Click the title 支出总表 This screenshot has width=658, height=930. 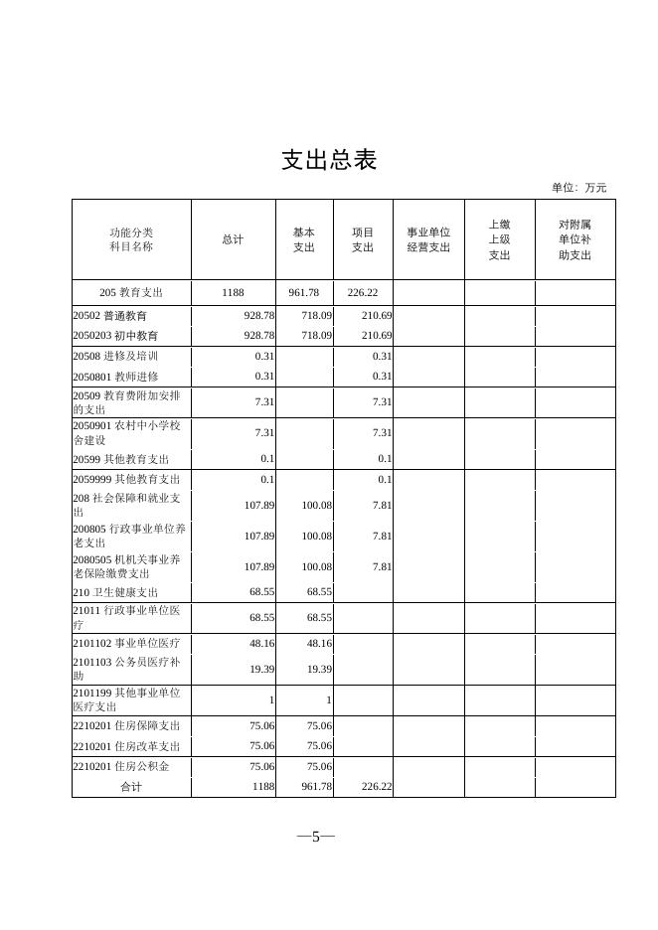(329, 160)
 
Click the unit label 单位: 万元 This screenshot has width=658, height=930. (578, 188)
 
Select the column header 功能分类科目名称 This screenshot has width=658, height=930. (131, 239)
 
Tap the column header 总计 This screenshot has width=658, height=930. (233, 239)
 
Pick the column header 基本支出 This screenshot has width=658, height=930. (303, 239)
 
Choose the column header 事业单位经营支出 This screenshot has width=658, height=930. (428, 239)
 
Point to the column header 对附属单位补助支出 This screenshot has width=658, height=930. (575, 239)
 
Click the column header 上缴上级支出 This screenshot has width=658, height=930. (499, 239)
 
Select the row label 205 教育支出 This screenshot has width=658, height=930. (131, 293)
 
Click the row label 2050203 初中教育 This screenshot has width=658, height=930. (115, 336)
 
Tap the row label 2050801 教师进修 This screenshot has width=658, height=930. (115, 377)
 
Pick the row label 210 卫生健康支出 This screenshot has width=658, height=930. (115, 591)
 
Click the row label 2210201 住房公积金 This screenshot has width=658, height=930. (121, 766)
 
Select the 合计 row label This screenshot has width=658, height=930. (131, 786)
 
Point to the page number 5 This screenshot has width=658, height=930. (316, 837)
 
